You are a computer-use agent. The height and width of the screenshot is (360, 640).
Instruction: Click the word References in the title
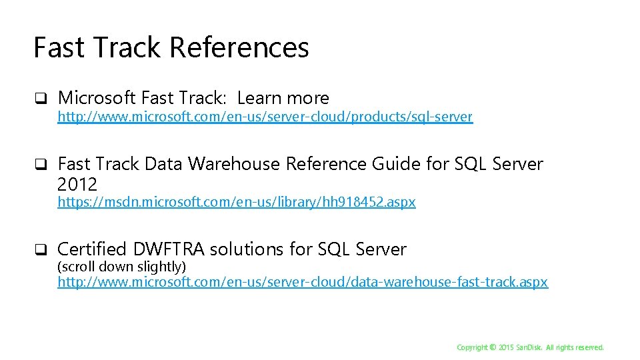(239, 48)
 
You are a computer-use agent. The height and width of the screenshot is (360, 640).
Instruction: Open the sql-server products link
(265, 117)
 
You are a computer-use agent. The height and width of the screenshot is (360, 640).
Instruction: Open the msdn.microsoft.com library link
(236, 202)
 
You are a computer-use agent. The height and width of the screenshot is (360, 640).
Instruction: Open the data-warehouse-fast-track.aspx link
(303, 282)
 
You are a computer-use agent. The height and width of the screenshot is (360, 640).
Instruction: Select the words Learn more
(283, 98)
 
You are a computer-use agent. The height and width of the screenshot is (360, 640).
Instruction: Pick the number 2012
(77, 184)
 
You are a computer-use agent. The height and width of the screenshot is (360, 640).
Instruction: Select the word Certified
(91, 249)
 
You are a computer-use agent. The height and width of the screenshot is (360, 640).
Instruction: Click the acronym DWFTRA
(169, 249)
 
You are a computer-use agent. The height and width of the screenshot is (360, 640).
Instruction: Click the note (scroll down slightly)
(121, 267)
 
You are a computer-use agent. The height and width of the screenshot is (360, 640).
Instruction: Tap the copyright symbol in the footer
(493, 347)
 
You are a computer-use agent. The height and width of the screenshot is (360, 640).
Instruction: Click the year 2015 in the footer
(507, 347)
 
